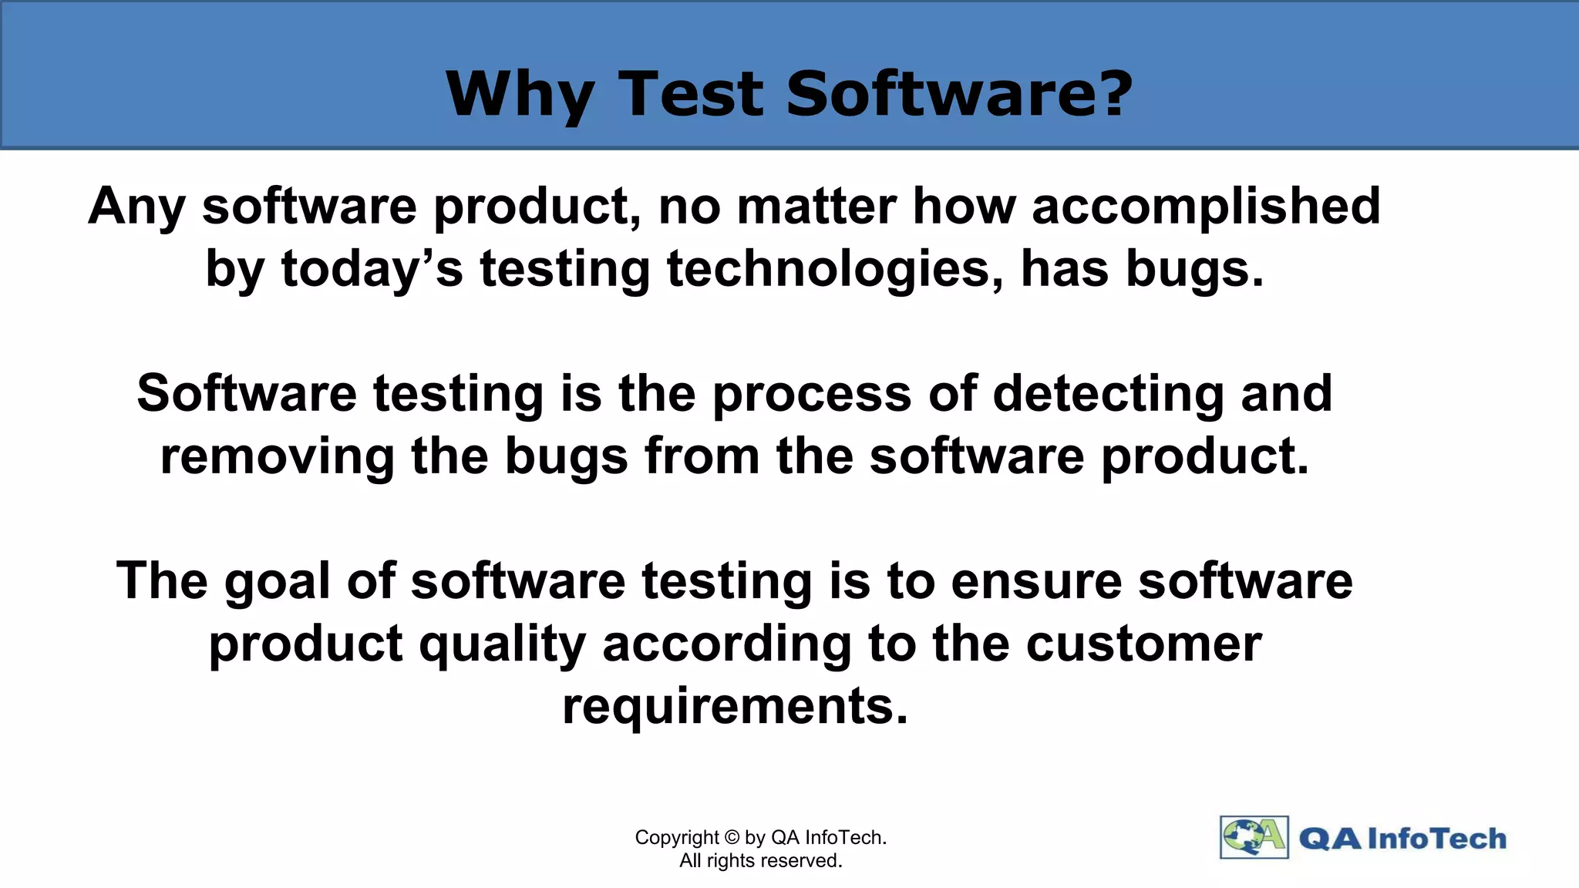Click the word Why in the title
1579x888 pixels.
(x=520, y=94)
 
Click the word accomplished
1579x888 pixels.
(x=1206, y=207)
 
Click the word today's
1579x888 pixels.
(x=372, y=270)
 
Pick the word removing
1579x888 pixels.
(x=278, y=456)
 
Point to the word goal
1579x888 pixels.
(x=278, y=582)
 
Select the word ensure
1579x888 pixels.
(x=1036, y=581)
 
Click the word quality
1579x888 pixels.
(x=503, y=644)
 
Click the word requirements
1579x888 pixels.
(x=735, y=706)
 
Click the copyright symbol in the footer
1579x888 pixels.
(x=732, y=838)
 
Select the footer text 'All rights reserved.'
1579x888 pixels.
(x=760, y=861)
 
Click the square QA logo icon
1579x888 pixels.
(x=1254, y=837)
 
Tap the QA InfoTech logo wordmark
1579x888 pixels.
(x=1402, y=839)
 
